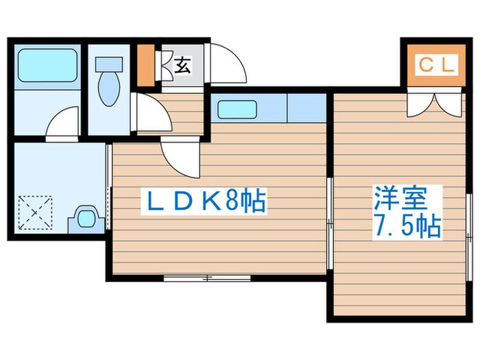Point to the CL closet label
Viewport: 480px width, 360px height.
click(x=435, y=66)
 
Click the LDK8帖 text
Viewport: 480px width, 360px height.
click(x=204, y=201)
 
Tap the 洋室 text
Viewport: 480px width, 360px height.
click(x=401, y=198)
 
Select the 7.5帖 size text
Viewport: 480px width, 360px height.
click(x=407, y=226)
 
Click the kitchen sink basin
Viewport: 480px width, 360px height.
click(x=237, y=109)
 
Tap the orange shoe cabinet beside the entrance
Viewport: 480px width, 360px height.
click(x=145, y=66)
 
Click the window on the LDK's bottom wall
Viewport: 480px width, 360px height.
click(x=207, y=278)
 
